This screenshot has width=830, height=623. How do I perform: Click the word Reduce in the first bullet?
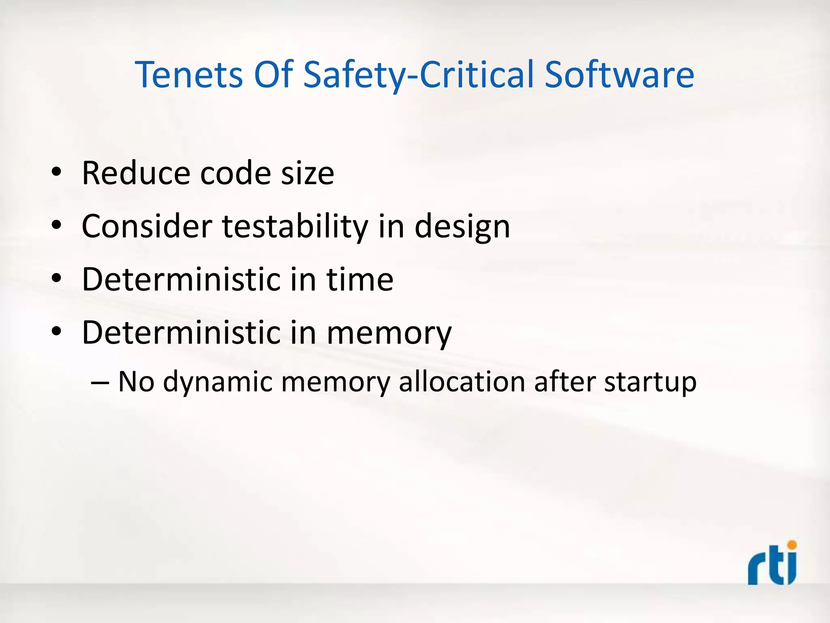coord(136,173)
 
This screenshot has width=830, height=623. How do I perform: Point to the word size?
coord(308,173)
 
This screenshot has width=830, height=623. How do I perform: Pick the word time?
coord(360,279)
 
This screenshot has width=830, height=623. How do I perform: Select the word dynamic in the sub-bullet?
coord(218,382)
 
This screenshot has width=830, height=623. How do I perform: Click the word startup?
coord(650,382)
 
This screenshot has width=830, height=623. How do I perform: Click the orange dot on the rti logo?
coord(791,544)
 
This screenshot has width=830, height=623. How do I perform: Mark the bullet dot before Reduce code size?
coord(56,172)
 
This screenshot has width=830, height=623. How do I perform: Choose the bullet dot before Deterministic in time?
coord(56,279)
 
